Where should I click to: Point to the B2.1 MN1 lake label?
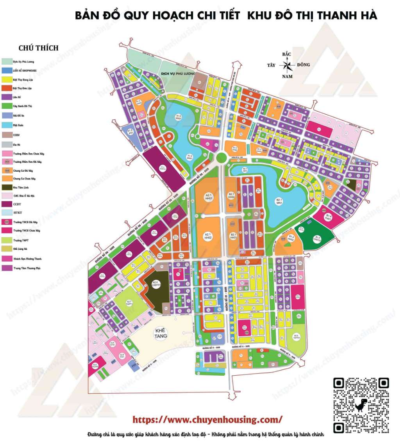click(279, 201)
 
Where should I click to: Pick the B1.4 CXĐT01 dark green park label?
click(317, 236)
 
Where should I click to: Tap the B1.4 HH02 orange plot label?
click(291, 238)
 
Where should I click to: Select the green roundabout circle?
click(221, 158)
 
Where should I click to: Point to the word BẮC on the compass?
click(287, 55)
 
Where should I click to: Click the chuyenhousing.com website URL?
click(207, 420)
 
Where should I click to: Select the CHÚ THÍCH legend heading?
click(38, 48)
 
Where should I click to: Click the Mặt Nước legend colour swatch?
click(7, 126)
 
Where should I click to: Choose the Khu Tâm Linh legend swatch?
click(7, 187)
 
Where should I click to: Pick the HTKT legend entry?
click(18, 213)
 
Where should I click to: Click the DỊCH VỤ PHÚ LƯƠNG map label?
click(177, 73)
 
